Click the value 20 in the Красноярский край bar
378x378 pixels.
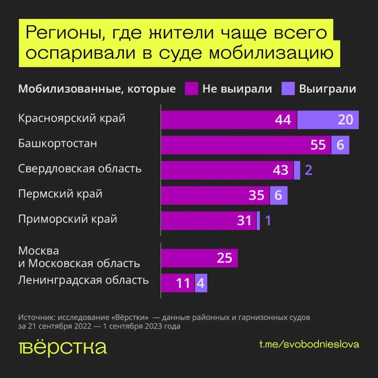click(x=346, y=120)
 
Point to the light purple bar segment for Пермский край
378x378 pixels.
click(x=278, y=195)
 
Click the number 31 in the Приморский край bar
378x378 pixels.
click(x=244, y=220)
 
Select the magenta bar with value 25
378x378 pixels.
click(x=199, y=258)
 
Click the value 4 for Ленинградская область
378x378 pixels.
click(x=201, y=283)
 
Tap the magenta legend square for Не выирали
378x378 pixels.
click(x=192, y=89)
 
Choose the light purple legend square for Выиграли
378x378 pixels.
click(x=288, y=89)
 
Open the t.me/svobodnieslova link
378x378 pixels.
click(x=309, y=344)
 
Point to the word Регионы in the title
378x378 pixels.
click(x=59, y=33)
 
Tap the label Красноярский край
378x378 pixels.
click(x=72, y=118)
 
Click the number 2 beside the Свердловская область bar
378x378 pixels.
click(x=309, y=170)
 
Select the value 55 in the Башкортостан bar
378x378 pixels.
click(x=318, y=145)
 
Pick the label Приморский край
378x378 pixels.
click(x=68, y=219)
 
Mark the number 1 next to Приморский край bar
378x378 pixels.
click(x=268, y=220)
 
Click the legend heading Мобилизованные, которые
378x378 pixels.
click(x=97, y=89)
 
